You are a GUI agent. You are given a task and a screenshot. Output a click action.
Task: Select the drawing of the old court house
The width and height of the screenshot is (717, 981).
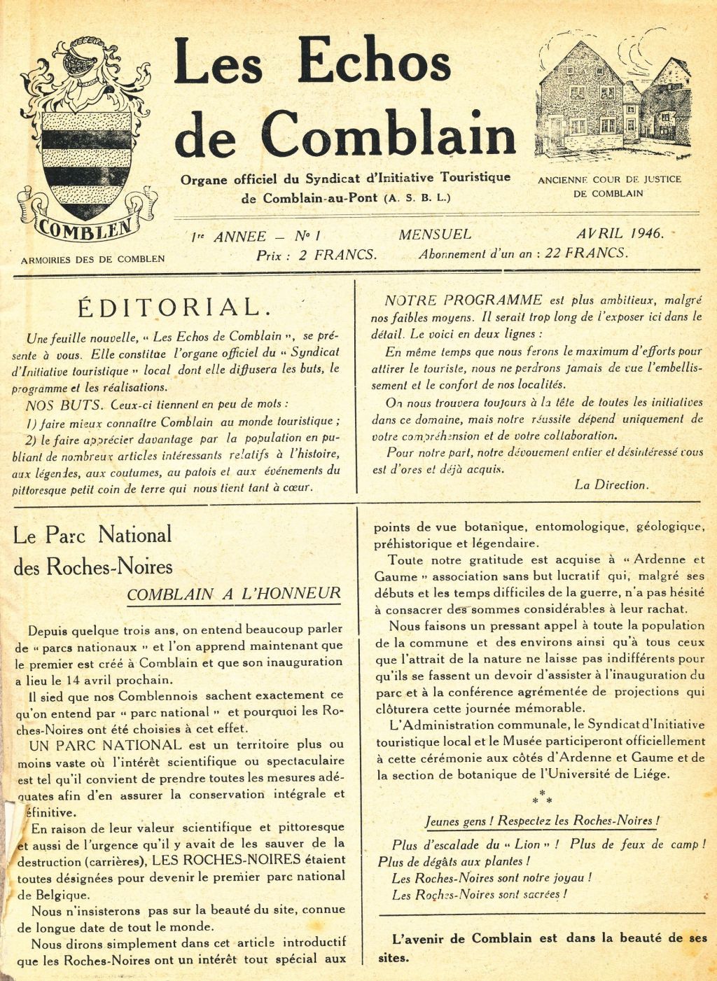point(611,98)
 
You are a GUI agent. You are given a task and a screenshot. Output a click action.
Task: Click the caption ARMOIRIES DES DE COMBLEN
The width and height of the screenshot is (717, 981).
point(92,259)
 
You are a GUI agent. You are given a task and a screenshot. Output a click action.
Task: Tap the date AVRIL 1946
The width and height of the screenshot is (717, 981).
point(620,234)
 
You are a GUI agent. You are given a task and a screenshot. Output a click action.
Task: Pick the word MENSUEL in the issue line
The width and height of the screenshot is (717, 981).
point(435,235)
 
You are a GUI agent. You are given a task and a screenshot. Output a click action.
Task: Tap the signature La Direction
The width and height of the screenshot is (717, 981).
point(611,485)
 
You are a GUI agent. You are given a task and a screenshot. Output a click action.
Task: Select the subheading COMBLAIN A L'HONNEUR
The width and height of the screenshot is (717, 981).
point(234,594)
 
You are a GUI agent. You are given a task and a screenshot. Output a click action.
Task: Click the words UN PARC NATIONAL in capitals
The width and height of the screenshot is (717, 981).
point(105,744)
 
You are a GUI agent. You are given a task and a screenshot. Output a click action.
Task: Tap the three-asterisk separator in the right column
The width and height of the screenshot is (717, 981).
point(542,796)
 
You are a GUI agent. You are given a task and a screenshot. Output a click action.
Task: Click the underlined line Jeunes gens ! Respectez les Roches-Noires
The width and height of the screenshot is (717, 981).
point(543,821)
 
